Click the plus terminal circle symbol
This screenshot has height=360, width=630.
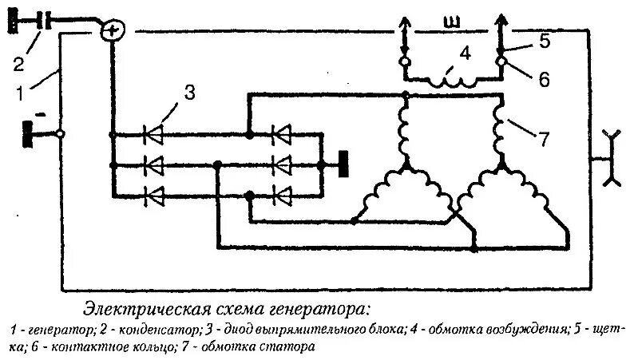(x=113, y=30)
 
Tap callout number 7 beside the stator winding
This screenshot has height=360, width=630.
(x=544, y=139)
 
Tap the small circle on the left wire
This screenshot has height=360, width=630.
(x=61, y=134)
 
